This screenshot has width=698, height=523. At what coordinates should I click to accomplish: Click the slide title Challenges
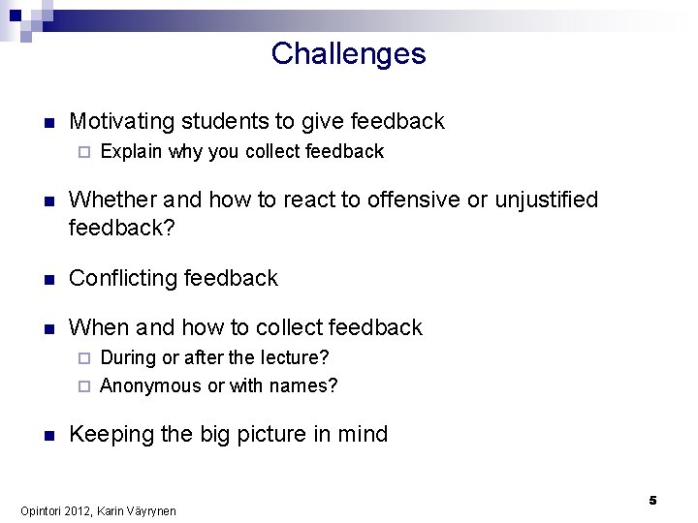point(348,53)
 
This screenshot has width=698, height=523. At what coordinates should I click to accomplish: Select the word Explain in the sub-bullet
point(131,152)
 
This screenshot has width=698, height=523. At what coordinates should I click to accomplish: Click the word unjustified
point(547,200)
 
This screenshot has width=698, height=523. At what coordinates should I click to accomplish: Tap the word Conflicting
point(120,279)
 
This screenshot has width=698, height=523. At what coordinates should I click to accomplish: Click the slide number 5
point(653,500)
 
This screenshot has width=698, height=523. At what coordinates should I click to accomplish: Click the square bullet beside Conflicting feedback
point(47,279)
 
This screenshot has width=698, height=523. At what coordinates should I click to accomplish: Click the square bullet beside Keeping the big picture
point(47,435)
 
